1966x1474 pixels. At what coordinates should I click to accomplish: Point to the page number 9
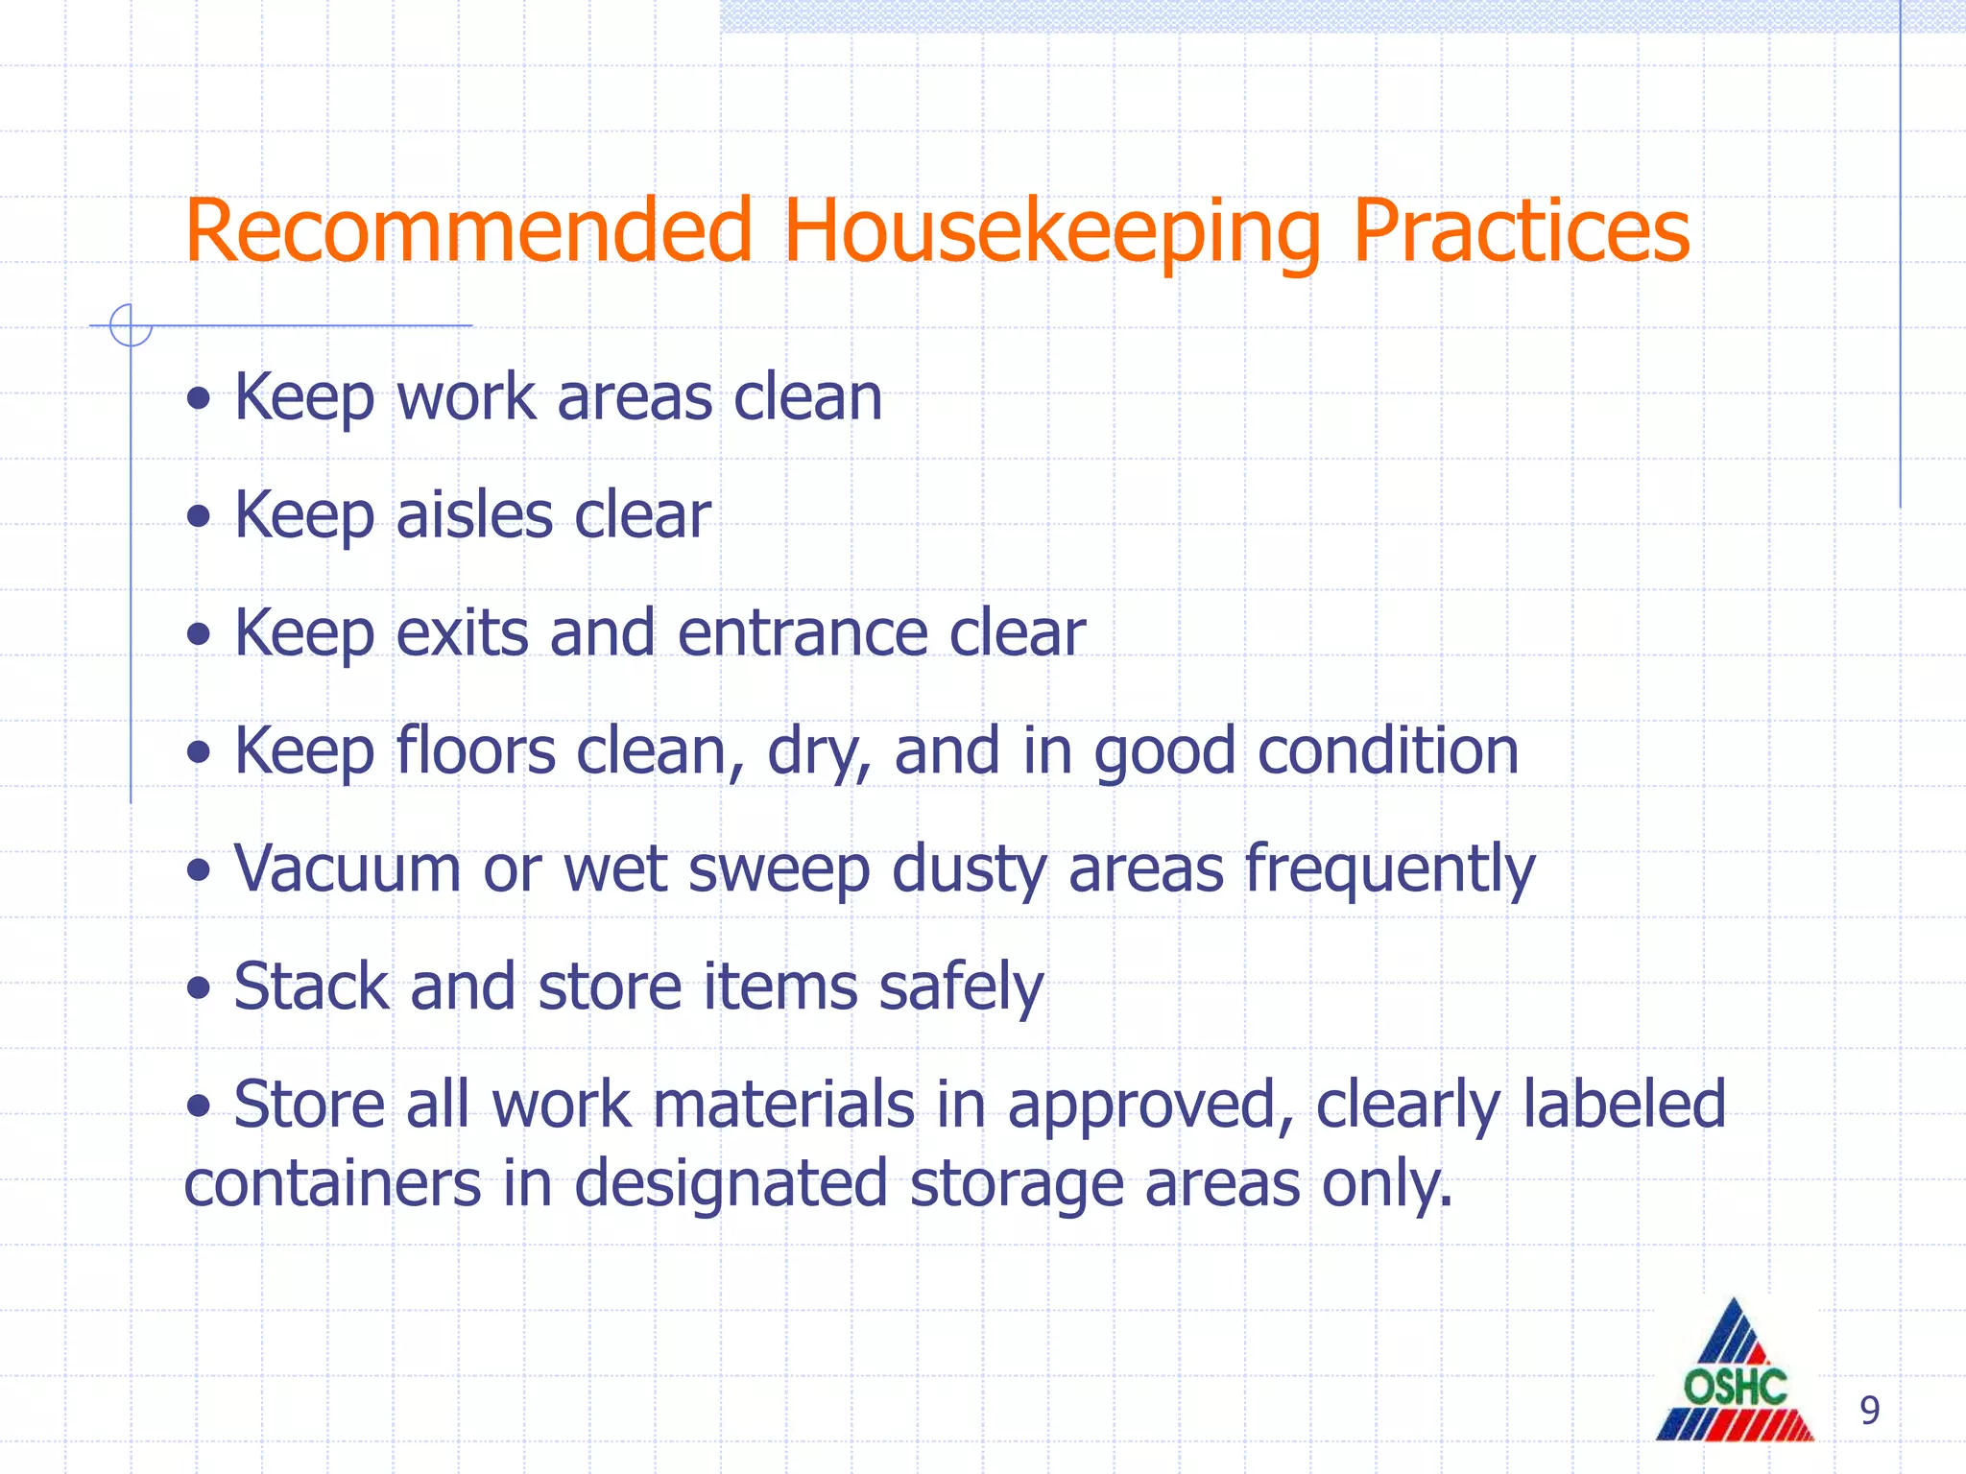pos(1869,1411)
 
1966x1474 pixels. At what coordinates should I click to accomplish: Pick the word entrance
pos(803,633)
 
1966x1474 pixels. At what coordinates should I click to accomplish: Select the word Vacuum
pos(348,868)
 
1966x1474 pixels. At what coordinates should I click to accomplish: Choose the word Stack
pos(312,987)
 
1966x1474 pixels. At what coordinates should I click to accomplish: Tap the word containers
pos(332,1182)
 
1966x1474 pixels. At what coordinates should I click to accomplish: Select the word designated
pos(731,1184)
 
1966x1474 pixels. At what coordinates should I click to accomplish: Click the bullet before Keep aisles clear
pos(199,517)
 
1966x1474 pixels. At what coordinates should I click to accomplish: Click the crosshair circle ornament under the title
pos(130,325)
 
